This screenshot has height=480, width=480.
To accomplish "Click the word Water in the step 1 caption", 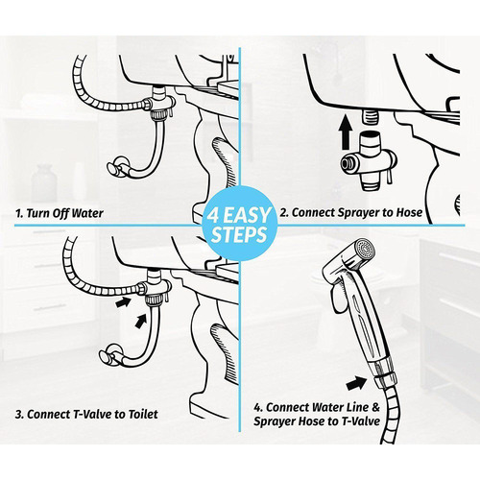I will [x=106, y=210].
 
